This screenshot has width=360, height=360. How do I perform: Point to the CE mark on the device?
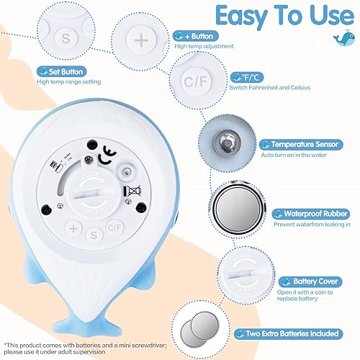(x=108, y=153)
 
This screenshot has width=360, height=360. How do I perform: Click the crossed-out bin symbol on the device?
(x=132, y=192)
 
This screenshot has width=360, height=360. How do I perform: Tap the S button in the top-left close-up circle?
(x=66, y=37)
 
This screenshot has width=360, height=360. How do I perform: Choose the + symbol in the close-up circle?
(x=141, y=40)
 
